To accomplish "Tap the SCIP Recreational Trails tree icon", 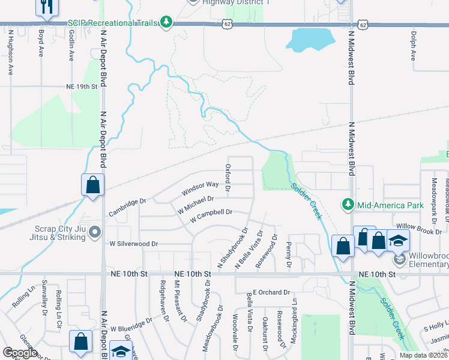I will (167, 23).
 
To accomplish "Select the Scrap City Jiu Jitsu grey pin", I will (95, 234).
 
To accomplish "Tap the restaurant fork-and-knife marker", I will (46, 7).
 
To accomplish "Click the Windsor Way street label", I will (200, 189).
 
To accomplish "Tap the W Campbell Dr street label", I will (211, 216).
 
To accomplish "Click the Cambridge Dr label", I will (127, 208).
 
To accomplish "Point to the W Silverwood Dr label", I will (133, 244).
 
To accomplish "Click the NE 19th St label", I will (82, 86).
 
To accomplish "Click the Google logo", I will (20, 353).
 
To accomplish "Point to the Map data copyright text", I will (423, 355).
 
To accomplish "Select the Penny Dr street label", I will (289, 255).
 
